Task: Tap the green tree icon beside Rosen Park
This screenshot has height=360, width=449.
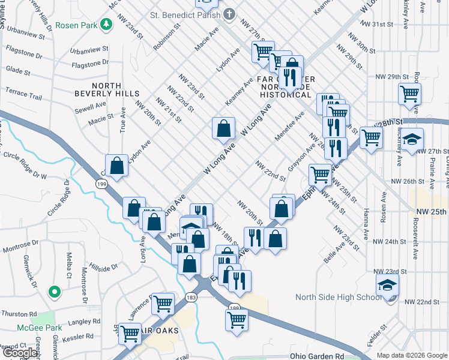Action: click(106, 25)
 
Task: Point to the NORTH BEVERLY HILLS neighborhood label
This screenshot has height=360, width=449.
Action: click(107, 89)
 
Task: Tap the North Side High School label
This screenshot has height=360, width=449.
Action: click(338, 297)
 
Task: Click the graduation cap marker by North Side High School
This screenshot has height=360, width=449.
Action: click(388, 285)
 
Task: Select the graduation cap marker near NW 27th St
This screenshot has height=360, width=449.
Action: click(412, 139)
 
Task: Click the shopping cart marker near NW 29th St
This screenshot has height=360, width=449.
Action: click(409, 93)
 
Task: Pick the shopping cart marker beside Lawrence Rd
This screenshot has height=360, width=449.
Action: click(162, 304)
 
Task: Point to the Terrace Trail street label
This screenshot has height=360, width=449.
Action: click(24, 95)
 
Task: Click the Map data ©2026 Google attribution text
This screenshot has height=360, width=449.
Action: click(411, 355)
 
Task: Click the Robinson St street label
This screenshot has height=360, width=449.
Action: click(167, 37)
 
